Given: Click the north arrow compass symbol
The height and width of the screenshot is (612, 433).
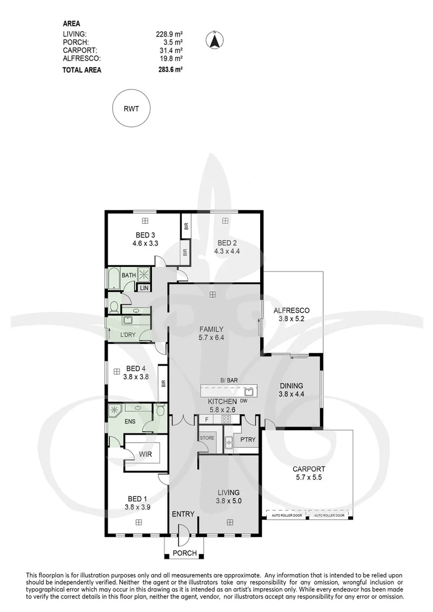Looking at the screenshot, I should click(215, 40).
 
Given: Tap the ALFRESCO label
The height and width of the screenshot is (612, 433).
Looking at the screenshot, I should click(291, 311).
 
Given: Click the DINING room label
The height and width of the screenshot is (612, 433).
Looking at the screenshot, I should click(291, 386).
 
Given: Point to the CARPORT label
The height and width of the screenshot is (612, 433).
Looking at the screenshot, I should click(308, 469).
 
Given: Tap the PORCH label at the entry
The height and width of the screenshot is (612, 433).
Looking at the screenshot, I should click(185, 553).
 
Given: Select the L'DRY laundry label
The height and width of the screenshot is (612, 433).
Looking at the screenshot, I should click(128, 335).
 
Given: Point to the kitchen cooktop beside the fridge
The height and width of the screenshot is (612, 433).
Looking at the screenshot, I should click(226, 420).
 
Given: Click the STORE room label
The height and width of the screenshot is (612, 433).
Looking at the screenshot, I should click(206, 438).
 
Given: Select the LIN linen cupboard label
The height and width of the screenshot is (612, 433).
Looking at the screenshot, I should click(144, 288).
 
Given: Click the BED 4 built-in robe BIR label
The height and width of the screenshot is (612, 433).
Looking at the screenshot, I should click(163, 384).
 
